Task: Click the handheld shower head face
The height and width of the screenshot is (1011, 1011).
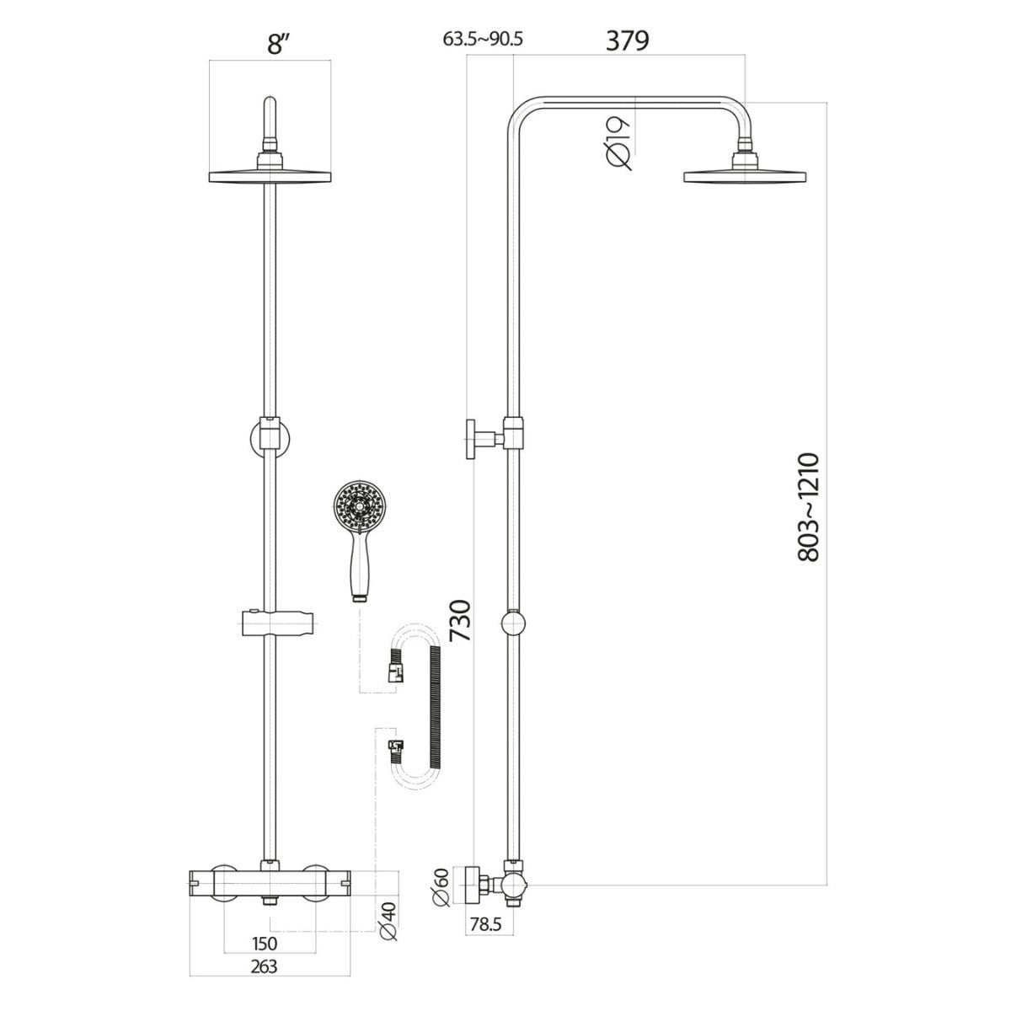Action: coord(356,505)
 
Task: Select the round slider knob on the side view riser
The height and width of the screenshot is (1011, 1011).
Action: coord(513,623)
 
